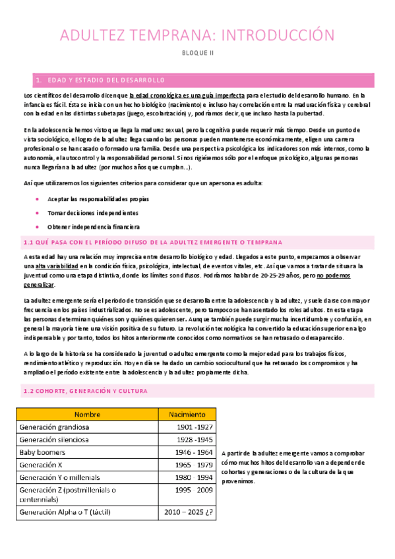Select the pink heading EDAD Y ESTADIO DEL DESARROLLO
coord(106,80)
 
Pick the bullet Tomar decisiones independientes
coord(92,213)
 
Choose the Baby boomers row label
coord(43,452)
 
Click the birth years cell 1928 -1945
coord(195,440)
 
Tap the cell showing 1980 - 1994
coord(195,478)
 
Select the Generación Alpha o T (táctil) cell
coord(69,512)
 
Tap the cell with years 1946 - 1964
coord(195,452)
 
